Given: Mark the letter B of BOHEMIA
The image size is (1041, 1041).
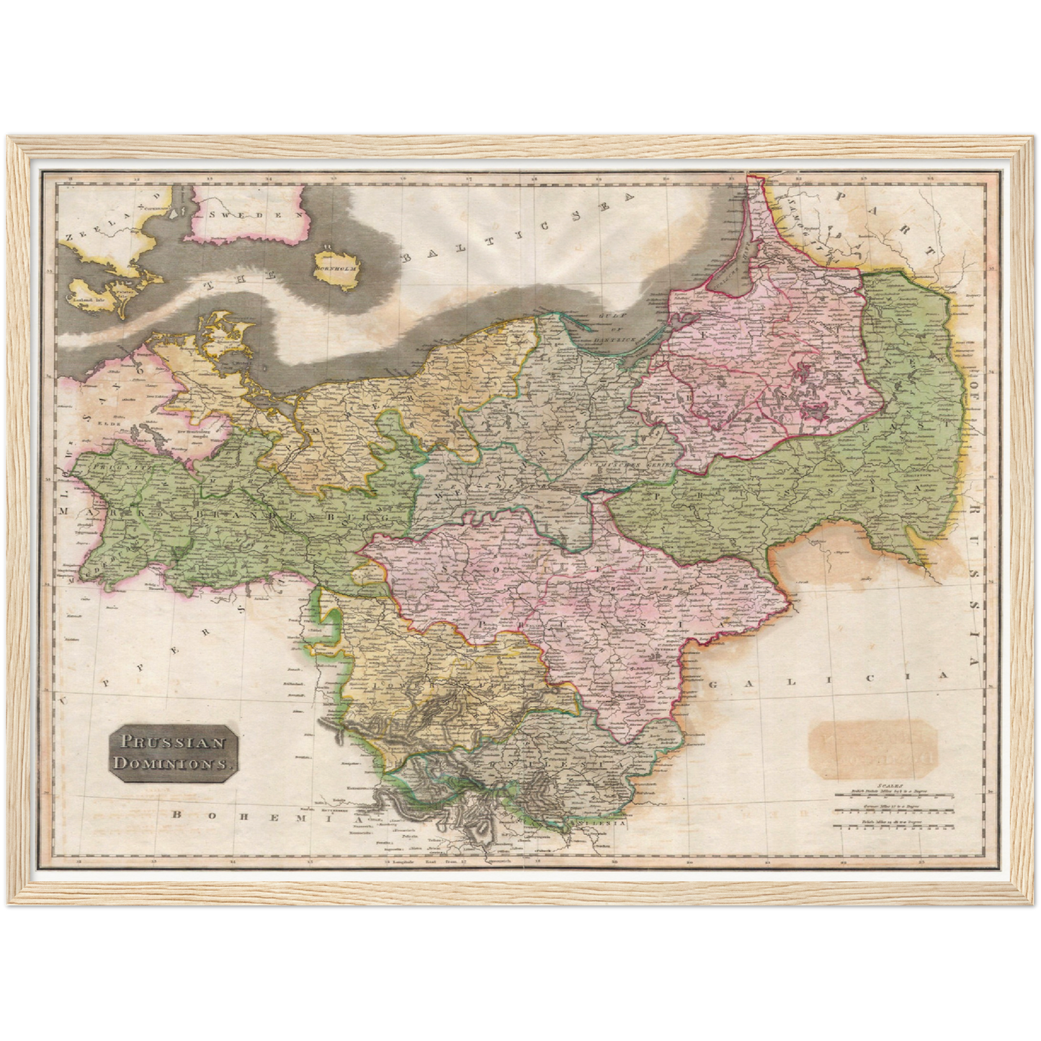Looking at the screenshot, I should [176, 815].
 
